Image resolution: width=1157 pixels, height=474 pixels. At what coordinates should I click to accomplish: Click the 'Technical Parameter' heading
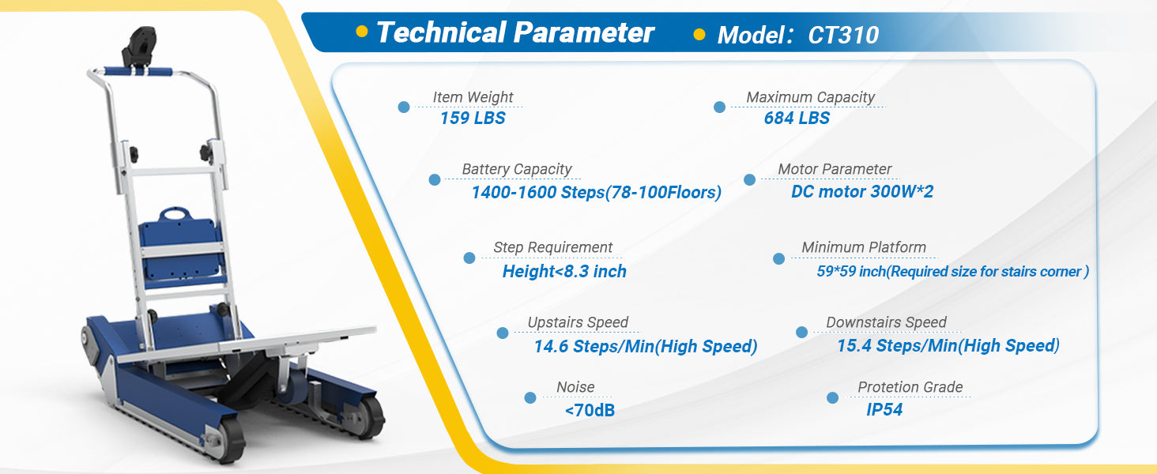pos(515,32)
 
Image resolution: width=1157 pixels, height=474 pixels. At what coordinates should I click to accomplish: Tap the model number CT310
pos(843,35)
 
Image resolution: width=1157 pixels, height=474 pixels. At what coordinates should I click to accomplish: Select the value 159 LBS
pos(473,118)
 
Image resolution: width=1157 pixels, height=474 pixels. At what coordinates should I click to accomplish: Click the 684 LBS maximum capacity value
pos(797,118)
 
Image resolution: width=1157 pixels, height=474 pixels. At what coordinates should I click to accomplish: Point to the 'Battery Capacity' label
pos(517,169)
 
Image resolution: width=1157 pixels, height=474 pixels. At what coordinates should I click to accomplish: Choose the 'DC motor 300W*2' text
pos(862,191)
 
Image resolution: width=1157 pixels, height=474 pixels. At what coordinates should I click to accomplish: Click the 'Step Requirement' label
pos(552,247)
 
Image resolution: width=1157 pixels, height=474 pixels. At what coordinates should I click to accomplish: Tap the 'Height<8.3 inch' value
pos(564,271)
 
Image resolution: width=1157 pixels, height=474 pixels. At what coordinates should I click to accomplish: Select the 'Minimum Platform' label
pos(864,247)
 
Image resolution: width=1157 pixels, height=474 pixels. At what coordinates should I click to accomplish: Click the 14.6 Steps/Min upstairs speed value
pos(646,346)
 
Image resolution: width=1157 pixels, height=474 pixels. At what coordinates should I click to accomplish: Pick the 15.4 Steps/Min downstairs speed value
pos(948,345)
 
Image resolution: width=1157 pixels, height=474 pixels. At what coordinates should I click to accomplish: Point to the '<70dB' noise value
pos(590,411)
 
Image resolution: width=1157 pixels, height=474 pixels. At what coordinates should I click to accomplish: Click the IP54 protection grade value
pos(884,409)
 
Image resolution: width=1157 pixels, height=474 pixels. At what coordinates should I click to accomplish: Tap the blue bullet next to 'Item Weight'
pos(404,107)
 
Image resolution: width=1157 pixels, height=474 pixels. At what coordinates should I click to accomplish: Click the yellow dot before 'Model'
pos(699,35)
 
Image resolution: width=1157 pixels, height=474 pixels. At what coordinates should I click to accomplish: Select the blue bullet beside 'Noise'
pos(530,397)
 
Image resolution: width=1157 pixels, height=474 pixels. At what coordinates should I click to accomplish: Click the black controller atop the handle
pos(139,47)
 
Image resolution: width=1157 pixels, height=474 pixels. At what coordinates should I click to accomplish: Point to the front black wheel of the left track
pos(230,440)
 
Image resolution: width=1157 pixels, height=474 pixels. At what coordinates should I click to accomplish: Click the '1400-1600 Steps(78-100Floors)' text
pos(596,192)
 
